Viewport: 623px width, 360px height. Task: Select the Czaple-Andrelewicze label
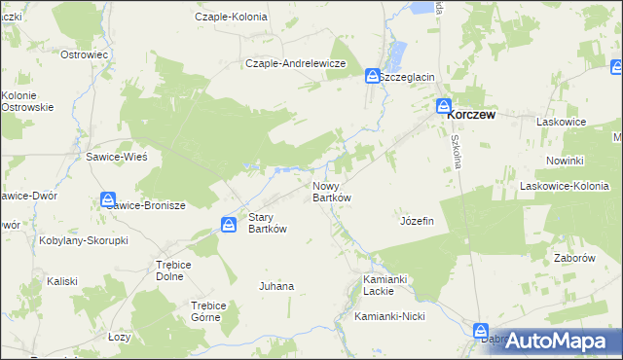pyautogui.click(x=297, y=63)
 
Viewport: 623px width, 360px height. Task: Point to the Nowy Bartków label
pyautogui.click(x=331, y=191)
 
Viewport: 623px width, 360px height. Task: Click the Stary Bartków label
pyautogui.click(x=268, y=223)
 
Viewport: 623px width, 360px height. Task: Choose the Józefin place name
pyautogui.click(x=416, y=221)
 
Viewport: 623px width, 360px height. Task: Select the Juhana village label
pyautogui.click(x=275, y=286)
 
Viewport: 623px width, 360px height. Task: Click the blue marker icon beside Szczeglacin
pyautogui.click(x=373, y=76)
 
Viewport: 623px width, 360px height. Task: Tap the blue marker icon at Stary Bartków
pyautogui.click(x=228, y=225)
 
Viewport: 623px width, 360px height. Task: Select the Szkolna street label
pyautogui.click(x=455, y=150)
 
